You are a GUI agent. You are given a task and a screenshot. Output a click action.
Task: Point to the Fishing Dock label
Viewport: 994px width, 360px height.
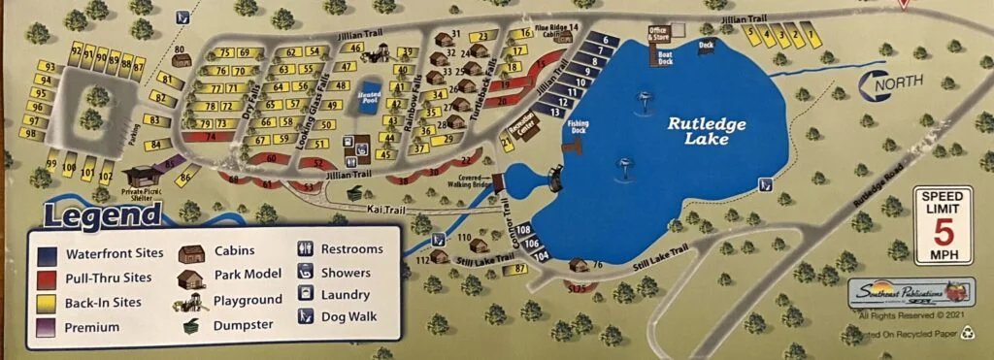pyautogui.click(x=579, y=125)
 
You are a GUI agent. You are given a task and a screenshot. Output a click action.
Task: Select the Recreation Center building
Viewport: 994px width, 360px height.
pyautogui.click(x=520, y=127)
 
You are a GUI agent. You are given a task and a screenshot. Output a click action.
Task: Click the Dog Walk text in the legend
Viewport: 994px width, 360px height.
pyautogui.click(x=348, y=315)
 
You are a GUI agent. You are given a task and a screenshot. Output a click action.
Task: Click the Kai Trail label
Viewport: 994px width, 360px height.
pyautogui.click(x=384, y=210)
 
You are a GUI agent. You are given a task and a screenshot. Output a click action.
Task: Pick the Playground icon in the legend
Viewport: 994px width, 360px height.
pyautogui.click(x=190, y=302)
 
